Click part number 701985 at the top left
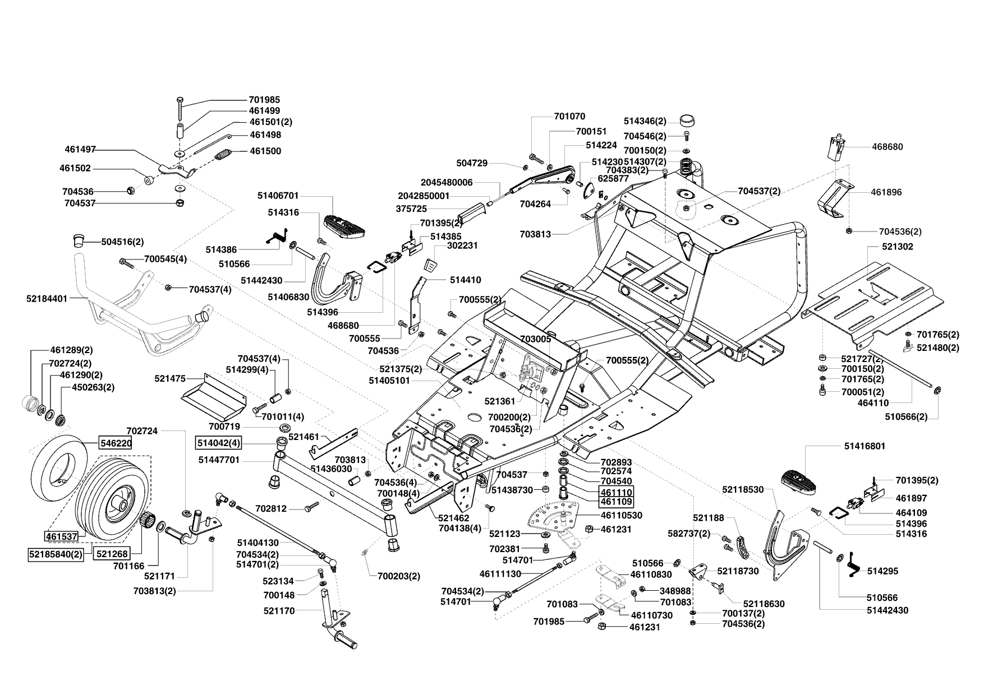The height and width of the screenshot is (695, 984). [264, 100]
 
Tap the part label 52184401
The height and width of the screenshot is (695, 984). [47, 299]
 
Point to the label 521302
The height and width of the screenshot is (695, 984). [882, 247]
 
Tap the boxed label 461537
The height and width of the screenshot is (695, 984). [61, 536]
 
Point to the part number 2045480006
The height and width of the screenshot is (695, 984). [447, 182]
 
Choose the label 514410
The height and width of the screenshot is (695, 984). [465, 280]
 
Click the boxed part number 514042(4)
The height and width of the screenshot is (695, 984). [218, 443]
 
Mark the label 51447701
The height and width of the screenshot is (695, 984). [219, 460]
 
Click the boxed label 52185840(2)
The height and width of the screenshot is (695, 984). [54, 554]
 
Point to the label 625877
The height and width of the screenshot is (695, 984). [613, 178]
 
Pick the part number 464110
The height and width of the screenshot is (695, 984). [873, 402]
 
